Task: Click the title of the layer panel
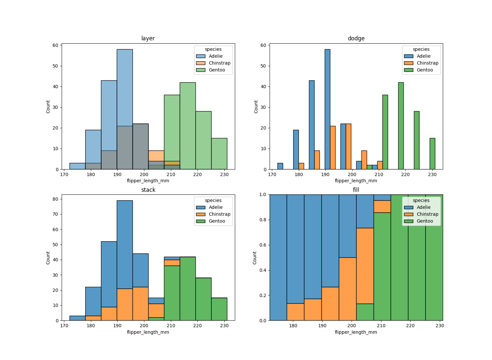148,38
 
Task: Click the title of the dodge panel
356,38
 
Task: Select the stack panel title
148,190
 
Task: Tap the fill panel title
356,190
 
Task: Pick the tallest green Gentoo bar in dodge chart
401,126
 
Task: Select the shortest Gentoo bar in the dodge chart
369,167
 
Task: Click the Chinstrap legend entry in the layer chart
219,63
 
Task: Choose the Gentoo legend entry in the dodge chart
425,70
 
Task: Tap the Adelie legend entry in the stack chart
215,207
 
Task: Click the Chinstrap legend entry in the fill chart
427,214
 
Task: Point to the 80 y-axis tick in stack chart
55,199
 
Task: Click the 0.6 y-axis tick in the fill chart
263,245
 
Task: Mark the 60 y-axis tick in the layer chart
55,45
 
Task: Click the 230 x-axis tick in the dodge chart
432,174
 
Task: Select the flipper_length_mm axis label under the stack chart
148,332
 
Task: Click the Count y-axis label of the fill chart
255,258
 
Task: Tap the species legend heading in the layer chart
213,49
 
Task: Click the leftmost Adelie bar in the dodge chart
280,166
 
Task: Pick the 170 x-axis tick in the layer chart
64,174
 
